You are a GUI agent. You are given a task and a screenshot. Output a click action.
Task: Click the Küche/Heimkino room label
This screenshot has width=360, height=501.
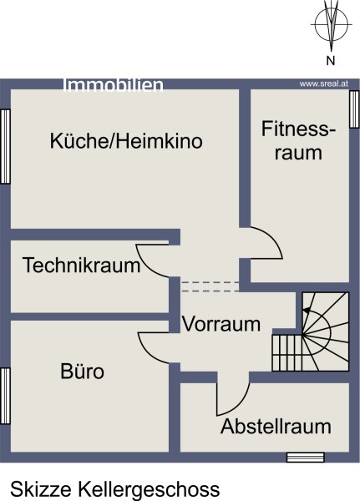click(x=126, y=141)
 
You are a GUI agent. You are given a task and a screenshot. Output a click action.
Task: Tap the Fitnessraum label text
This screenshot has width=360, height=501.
click(x=298, y=140)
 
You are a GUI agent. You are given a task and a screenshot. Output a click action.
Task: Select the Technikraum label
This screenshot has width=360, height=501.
click(x=82, y=266)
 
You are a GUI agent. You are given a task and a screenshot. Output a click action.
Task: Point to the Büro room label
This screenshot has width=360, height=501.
click(x=82, y=371)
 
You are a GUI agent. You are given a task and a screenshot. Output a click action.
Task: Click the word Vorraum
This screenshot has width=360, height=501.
click(x=221, y=324)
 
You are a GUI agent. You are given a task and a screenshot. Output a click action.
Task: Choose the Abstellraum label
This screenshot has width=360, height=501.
click(x=276, y=426)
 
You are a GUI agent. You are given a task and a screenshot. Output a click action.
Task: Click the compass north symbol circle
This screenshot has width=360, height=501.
click(x=332, y=24)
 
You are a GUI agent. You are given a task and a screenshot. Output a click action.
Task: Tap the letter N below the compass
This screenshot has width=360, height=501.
click(x=331, y=60)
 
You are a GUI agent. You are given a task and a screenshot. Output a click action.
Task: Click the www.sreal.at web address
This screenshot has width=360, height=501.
click(x=323, y=84)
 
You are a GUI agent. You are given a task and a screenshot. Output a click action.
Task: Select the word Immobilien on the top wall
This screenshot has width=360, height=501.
click(x=114, y=85)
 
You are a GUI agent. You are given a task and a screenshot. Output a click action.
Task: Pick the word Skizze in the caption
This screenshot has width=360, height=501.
click(x=41, y=488)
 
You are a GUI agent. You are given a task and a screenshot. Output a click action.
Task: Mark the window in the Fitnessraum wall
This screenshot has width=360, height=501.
click(x=354, y=109)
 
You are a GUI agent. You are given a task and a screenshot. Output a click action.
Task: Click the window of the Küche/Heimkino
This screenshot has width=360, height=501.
click(x=6, y=147)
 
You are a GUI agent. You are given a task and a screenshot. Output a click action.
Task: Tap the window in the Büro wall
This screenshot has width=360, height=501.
click(x=6, y=396)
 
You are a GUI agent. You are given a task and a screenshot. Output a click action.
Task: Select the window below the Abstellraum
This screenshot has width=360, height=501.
click(x=306, y=458)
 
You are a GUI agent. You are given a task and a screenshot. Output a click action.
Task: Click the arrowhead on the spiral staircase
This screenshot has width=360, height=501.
click(x=307, y=310)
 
